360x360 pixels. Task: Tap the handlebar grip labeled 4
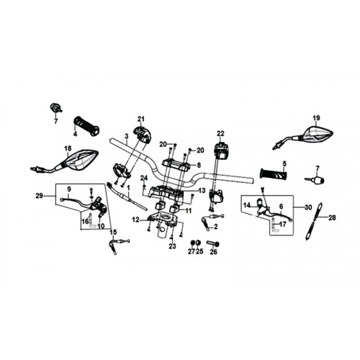pos(86,126)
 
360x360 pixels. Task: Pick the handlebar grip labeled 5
pos(274,174)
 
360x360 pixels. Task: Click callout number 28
pos(332,217)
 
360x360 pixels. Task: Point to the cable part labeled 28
pos(313,221)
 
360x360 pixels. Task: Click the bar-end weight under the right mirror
pos(315,179)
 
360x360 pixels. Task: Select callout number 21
pos(141,119)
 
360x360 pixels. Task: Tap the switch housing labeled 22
pos(220,150)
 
